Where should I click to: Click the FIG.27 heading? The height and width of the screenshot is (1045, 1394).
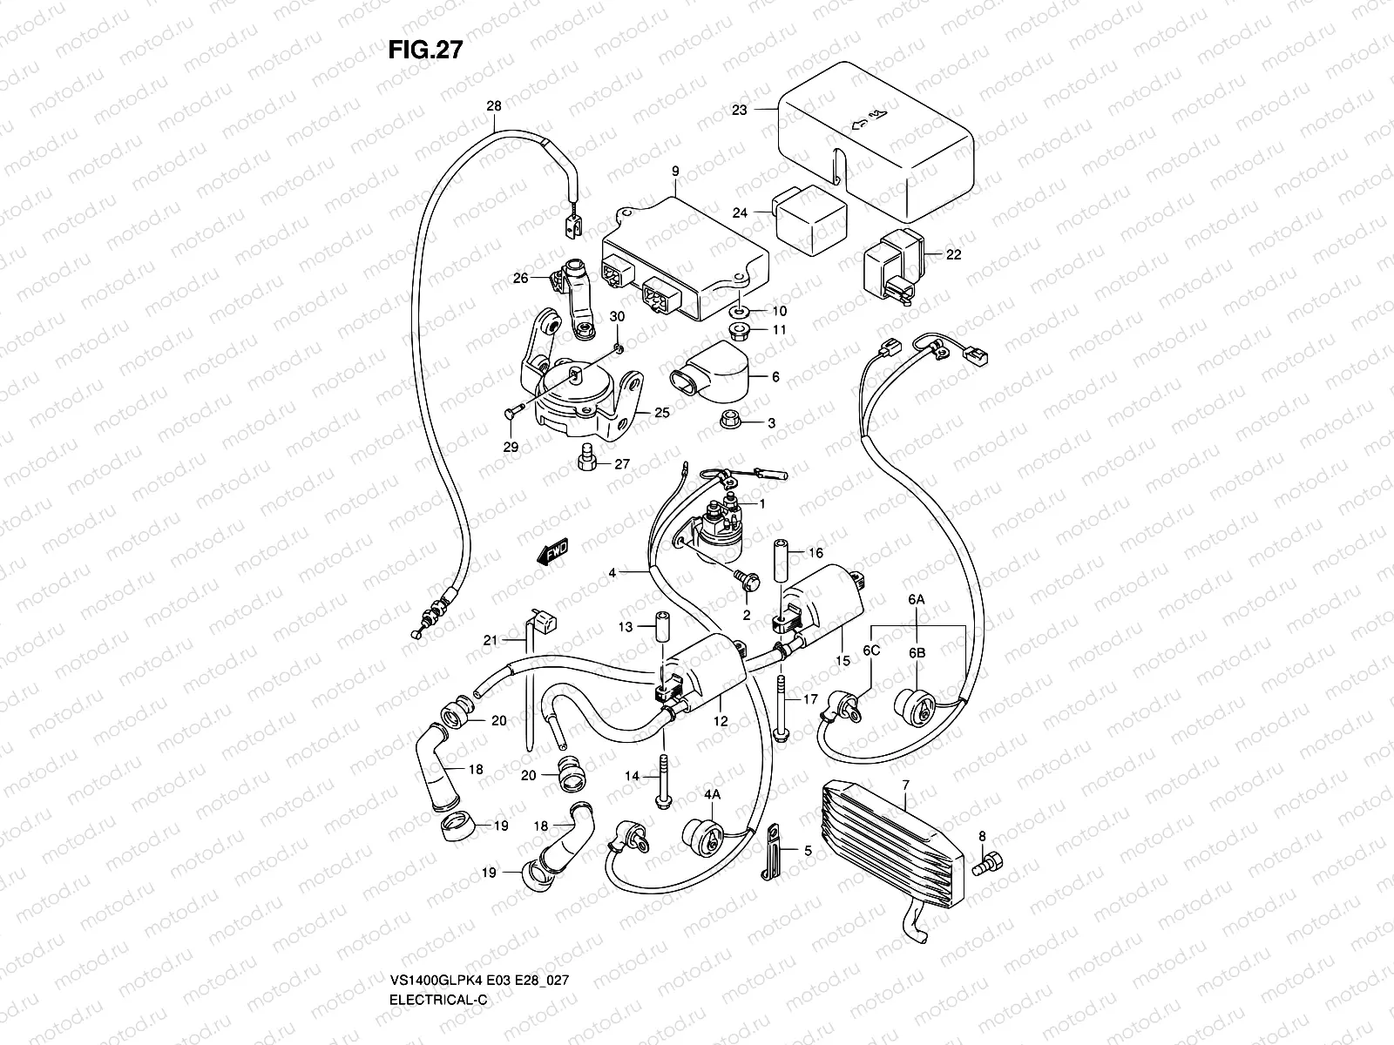[425, 50]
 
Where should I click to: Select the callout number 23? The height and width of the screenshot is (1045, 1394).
[740, 111]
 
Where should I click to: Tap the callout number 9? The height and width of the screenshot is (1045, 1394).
[675, 172]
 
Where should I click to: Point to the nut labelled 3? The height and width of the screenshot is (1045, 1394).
[732, 422]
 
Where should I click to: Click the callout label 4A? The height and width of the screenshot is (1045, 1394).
[713, 794]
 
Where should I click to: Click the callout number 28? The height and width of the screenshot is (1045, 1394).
[494, 106]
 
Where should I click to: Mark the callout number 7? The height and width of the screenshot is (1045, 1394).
[906, 785]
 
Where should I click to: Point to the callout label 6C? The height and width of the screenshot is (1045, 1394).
[870, 651]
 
